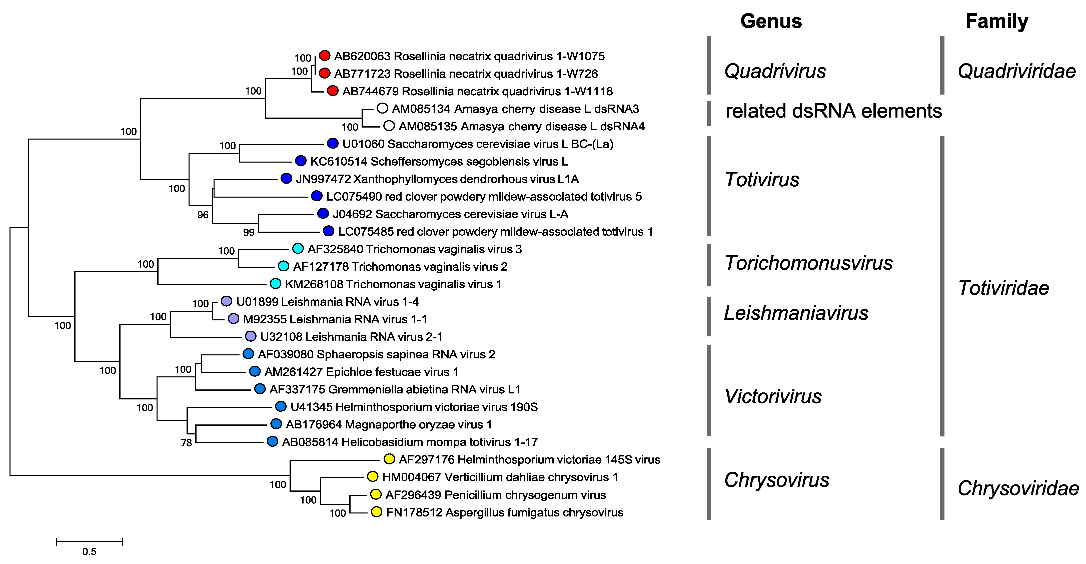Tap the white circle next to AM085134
click(382, 108)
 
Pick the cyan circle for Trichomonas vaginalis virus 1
click(275, 283)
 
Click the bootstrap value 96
click(203, 215)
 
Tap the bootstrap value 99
click(249, 232)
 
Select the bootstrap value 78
click(186, 443)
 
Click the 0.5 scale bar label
click(89, 551)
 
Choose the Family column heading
click(997, 21)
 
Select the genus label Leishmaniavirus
click(796, 313)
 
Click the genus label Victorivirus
click(773, 396)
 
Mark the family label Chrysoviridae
click(1018, 488)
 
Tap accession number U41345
click(311, 407)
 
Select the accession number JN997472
click(323, 179)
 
